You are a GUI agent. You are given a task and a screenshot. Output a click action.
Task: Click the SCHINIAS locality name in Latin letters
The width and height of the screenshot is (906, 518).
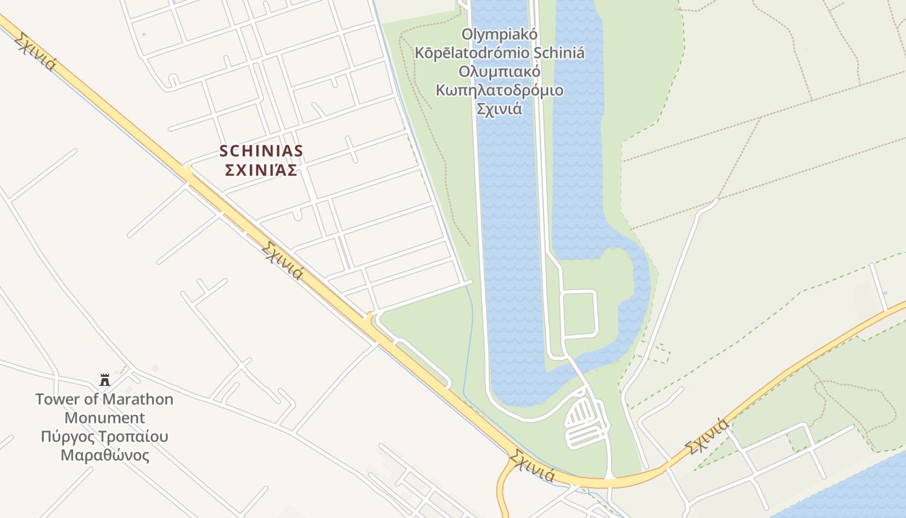(x=261, y=151)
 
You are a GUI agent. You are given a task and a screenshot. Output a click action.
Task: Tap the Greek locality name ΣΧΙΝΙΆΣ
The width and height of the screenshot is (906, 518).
(x=261, y=170)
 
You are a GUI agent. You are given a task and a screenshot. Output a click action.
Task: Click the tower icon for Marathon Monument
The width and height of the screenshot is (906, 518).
(x=105, y=380)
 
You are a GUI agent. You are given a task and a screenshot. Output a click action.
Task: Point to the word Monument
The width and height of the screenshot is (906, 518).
(x=105, y=418)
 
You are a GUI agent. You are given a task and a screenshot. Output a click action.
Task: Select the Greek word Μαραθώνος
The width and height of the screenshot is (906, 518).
(x=105, y=455)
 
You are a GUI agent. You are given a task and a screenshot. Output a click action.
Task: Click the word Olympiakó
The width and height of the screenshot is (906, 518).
(x=500, y=34)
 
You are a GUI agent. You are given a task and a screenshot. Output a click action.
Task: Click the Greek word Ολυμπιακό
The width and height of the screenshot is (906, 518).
(x=499, y=71)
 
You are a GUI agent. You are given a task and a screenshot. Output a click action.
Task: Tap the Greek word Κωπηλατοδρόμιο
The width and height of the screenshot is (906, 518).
(x=499, y=90)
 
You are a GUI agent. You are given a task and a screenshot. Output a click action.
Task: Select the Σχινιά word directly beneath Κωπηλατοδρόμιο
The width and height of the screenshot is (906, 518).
(x=499, y=109)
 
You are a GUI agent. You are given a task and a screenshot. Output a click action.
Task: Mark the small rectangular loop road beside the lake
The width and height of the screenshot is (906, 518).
(x=579, y=314)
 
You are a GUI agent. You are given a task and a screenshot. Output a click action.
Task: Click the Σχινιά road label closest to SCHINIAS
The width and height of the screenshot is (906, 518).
(x=283, y=260)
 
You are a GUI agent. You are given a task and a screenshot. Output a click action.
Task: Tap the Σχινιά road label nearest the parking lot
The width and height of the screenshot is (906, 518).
(x=532, y=466)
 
